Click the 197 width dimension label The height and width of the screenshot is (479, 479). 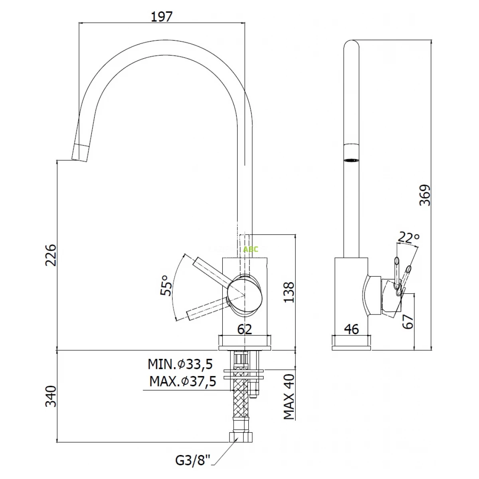tap(162, 17)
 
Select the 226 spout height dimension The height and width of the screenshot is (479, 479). tap(51, 255)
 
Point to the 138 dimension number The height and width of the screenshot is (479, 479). tap(289, 292)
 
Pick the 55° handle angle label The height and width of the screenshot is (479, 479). tap(166, 285)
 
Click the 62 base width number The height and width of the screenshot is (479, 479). tap(245, 329)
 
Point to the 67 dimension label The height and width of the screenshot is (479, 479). tap(408, 322)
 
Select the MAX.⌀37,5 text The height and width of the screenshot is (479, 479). tap(183, 381)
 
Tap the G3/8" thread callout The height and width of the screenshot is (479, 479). tap(193, 461)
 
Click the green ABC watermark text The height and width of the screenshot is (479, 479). tap(251, 249)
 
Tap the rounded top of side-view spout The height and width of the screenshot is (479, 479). tap(352, 45)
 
